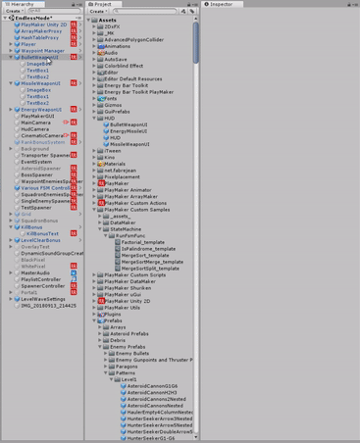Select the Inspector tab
coord(222,4)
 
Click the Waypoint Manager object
coord(42,51)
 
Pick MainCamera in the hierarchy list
coord(35,123)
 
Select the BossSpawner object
coord(36,174)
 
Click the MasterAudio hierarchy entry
coord(35,272)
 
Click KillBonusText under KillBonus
coord(42,233)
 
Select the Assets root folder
coord(107,20)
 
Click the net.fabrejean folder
coord(124,171)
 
